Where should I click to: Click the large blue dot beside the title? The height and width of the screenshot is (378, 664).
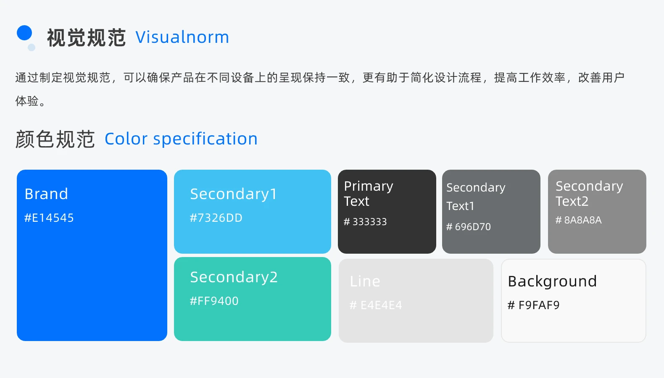(24, 33)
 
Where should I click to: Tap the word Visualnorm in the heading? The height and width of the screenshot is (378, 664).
(182, 37)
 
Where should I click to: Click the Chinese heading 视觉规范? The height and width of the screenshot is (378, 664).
(86, 38)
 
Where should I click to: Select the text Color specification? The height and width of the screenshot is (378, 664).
(181, 139)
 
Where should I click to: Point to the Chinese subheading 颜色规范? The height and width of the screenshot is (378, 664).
(55, 139)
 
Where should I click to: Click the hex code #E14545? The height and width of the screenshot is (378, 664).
(49, 218)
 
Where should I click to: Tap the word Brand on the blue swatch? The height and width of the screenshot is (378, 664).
(46, 194)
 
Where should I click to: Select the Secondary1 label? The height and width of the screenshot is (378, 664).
(233, 194)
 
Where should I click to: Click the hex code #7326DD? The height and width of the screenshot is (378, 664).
(216, 218)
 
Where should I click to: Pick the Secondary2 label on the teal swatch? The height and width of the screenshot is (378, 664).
(234, 277)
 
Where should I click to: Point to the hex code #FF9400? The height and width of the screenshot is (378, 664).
(214, 301)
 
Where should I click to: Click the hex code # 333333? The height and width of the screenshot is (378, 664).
(365, 222)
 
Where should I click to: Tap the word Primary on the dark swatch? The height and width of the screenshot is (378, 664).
(369, 186)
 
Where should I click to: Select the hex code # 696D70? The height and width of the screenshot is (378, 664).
(468, 227)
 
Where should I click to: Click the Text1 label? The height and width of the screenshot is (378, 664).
(460, 206)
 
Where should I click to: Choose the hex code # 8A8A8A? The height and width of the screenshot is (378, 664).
(578, 220)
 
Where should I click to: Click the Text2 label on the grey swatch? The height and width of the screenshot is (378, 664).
(572, 202)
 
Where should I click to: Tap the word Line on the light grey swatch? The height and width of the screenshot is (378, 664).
(365, 281)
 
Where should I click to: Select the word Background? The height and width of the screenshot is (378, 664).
(552, 281)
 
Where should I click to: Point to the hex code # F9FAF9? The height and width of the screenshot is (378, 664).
(534, 305)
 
